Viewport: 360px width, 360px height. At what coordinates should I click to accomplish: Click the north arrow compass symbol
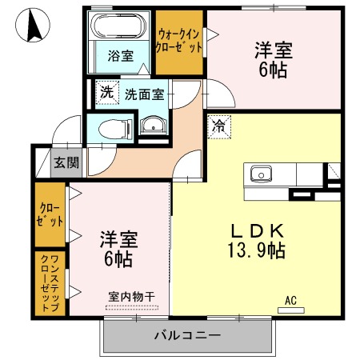point(33,25)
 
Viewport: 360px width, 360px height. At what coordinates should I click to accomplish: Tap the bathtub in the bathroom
point(118,26)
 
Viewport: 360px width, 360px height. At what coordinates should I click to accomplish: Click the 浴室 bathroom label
point(121,56)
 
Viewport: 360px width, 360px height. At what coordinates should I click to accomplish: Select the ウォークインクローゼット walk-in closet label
point(179,42)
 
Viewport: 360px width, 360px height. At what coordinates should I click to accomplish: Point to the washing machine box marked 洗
point(107,92)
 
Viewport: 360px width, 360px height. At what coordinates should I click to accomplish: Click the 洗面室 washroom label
point(145,94)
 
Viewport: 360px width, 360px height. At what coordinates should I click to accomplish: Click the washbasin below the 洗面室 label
point(154,126)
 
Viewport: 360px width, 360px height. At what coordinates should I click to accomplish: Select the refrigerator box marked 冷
point(219,126)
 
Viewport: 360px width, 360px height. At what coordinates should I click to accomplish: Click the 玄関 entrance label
point(66,162)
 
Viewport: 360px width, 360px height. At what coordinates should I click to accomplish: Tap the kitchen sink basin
point(261,174)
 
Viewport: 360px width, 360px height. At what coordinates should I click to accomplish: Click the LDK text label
point(257,231)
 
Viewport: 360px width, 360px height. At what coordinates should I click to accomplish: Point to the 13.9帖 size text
point(256,250)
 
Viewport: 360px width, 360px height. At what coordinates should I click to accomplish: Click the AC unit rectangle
point(291,310)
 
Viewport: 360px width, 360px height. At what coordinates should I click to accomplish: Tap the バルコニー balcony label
point(188,335)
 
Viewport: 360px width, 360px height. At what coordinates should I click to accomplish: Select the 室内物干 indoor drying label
point(132,297)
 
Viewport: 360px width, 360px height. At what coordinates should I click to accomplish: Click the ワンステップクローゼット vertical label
point(50,283)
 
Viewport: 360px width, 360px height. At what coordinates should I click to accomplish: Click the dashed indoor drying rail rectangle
point(132,307)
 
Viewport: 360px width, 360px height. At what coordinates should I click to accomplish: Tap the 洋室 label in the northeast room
point(274,50)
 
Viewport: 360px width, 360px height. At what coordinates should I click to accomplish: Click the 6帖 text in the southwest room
point(118,259)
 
